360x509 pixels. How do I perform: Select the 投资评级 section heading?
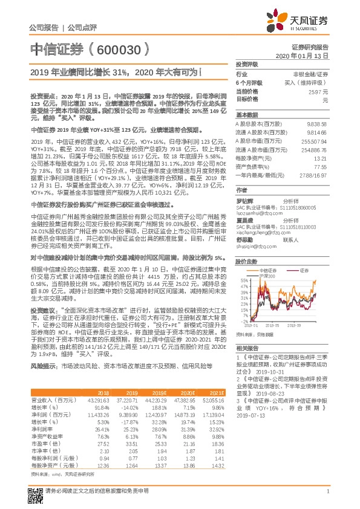click(247, 64)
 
